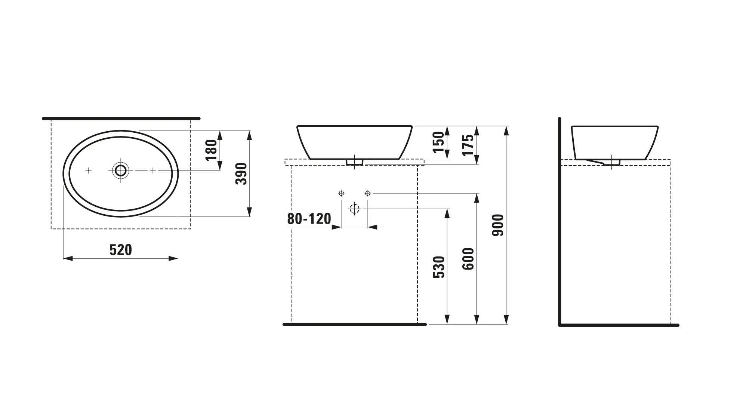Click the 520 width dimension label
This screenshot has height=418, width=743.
pos(120,250)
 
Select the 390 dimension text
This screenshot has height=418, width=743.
pos(242,173)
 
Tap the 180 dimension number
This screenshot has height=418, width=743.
pos(212,150)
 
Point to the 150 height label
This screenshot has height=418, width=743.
pos(439,142)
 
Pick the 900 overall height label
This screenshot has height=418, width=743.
pos(498,225)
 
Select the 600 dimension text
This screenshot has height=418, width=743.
pos(468,259)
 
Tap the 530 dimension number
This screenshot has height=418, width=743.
pos(439,267)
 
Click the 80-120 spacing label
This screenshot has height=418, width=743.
pos(309,219)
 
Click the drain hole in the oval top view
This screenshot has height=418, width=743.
pos(120,170)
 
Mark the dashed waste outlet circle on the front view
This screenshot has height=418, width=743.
pos(354,209)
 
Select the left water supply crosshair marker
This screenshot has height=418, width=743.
pos(341,193)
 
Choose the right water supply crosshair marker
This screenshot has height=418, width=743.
pos(368,193)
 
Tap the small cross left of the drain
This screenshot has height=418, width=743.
pos(89,170)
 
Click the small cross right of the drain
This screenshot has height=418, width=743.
pos(153,170)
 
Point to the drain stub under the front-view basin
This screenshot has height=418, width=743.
pos(354,162)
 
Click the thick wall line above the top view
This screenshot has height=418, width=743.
pos(121,119)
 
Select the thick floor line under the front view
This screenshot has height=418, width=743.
pos(354,325)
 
